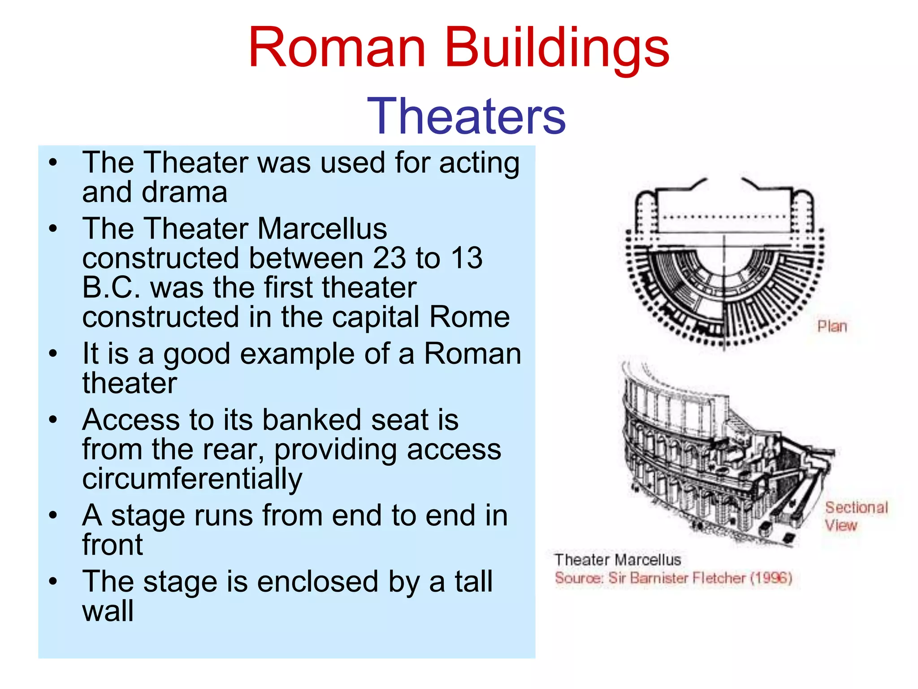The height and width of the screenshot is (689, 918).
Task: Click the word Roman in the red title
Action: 337,48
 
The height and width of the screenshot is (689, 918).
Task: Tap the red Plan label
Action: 832,327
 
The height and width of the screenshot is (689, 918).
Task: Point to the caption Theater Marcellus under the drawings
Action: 617,560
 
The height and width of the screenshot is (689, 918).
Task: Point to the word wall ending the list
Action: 108,611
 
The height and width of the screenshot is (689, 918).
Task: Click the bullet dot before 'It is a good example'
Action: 53,353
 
